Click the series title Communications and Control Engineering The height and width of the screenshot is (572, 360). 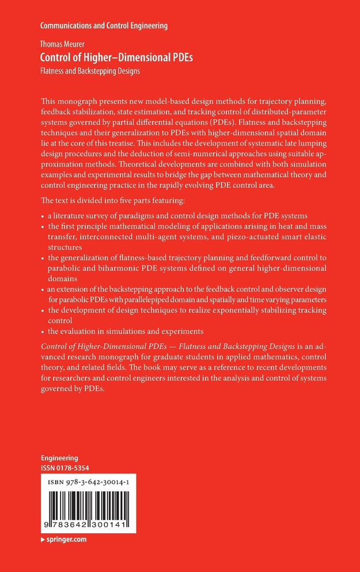[104, 25]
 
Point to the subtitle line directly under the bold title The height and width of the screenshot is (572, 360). [90, 71]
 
